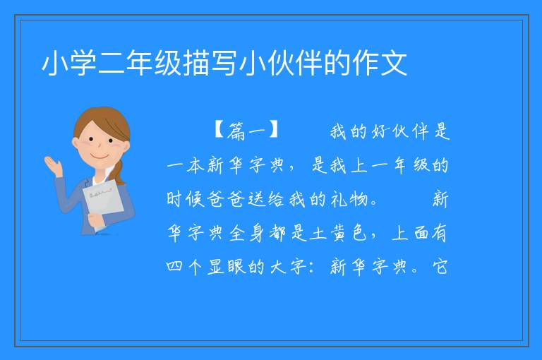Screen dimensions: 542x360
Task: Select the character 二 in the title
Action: [112, 64]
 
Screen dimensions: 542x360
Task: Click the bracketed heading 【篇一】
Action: [247, 131]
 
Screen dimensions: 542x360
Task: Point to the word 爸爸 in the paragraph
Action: [226, 199]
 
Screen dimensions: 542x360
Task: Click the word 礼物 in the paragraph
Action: [349, 199]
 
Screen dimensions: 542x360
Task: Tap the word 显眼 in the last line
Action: [227, 267]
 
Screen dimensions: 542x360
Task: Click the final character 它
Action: [440, 267]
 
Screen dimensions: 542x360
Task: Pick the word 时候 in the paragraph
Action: [186, 199]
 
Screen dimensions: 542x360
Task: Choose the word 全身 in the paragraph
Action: [247, 233]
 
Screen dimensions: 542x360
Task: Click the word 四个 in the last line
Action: [184, 267]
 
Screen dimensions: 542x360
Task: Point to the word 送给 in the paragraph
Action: [267, 199]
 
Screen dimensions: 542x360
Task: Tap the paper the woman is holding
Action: [103, 201]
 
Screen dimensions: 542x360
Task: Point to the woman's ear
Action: [76, 143]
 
